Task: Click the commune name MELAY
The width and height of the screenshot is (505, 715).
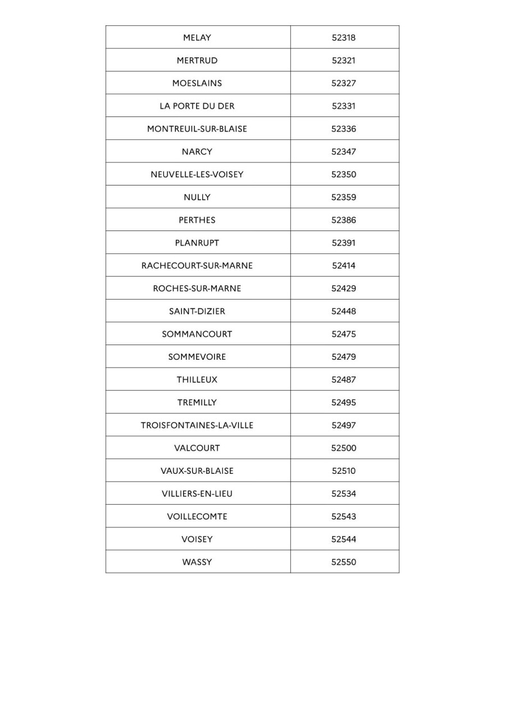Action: point(197,38)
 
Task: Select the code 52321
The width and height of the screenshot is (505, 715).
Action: point(343,61)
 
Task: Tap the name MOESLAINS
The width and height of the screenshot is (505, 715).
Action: point(197,83)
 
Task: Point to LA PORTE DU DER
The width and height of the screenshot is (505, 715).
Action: point(197,106)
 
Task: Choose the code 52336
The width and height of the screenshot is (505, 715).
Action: point(343,129)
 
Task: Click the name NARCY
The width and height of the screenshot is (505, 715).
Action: point(197,152)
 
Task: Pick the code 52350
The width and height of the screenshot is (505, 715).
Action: point(343,174)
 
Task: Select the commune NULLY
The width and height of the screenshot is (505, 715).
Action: point(197,197)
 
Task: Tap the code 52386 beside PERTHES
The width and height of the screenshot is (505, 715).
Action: point(343,220)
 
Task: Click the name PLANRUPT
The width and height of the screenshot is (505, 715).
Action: point(197,243)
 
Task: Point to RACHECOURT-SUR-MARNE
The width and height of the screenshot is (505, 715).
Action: point(197,266)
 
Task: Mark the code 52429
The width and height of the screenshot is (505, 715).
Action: point(343,288)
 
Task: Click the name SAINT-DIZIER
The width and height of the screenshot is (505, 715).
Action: point(197,311)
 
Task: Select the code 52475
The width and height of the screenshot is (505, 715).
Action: point(343,334)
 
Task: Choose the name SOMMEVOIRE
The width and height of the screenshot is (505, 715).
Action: point(197,357)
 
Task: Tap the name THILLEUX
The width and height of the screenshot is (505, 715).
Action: point(197,379)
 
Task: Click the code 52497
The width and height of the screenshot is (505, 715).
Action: point(343,426)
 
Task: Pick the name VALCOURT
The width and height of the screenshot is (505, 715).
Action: point(197,448)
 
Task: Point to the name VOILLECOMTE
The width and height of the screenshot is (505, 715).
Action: point(197,517)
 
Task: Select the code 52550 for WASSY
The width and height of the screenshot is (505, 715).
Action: point(343,562)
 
